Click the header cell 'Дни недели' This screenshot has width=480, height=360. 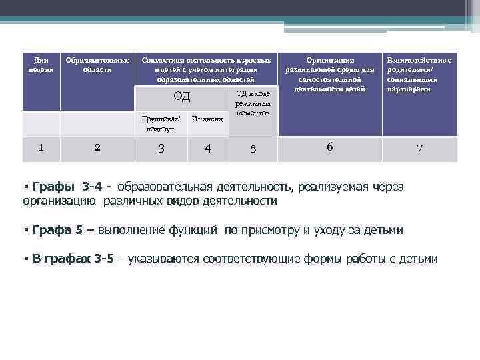[41, 65]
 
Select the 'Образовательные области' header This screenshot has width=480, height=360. [97, 65]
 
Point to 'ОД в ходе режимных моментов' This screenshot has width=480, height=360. [253, 103]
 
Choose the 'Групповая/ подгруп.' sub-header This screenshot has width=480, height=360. [161, 124]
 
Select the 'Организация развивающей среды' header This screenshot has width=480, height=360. [329, 74]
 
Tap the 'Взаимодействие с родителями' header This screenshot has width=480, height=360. [419, 74]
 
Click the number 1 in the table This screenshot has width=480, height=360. [41, 148]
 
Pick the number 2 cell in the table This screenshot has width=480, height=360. [97, 148]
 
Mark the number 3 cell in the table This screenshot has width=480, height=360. [161, 149]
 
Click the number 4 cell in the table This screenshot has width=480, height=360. [209, 149]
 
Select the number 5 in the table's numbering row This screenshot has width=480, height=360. [253, 149]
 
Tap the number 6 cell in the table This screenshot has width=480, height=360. [329, 147]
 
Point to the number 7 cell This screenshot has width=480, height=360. [419, 149]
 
